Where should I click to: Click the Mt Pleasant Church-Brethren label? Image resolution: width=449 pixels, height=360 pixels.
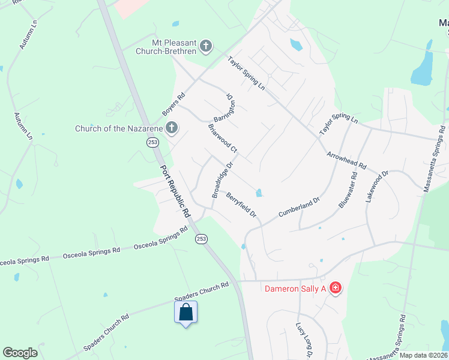[174, 47]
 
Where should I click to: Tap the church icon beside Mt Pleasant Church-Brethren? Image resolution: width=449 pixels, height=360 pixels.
[206, 46]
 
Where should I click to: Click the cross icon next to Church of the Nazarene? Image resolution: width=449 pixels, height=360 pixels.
[172, 127]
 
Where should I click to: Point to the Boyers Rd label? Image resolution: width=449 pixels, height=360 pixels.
[173, 104]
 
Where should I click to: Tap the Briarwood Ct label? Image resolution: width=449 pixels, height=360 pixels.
[223, 138]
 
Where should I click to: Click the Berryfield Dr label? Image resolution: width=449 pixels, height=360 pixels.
[241, 204]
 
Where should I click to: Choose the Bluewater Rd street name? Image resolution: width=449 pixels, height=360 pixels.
[348, 190]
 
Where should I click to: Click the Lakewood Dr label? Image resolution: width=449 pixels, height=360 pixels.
[378, 186]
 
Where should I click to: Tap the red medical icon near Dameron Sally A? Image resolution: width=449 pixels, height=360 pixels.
[335, 289]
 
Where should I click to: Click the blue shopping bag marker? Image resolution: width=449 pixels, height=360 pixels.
[186, 313]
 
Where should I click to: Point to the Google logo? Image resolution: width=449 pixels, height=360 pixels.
[20, 353]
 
